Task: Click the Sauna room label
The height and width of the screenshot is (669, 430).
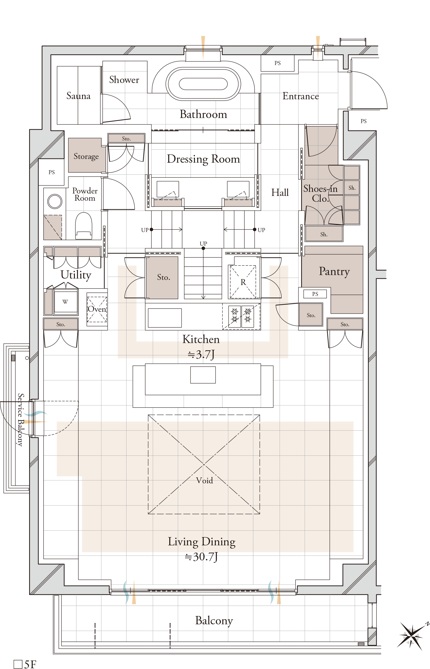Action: [78, 96]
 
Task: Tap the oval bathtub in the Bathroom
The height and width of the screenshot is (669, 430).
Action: [203, 83]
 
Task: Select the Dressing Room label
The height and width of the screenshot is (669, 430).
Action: [203, 159]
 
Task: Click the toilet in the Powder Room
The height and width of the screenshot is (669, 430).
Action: [83, 225]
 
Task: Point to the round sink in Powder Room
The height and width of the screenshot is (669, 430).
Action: [55, 201]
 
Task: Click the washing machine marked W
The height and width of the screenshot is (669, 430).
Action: [65, 302]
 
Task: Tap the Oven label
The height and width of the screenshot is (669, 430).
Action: [97, 309]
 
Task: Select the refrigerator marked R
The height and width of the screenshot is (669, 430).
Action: [243, 282]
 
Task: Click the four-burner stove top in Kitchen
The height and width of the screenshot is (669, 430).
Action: [241, 316]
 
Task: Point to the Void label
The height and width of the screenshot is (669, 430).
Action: [204, 480]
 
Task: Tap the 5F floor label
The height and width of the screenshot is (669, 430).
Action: [25, 664]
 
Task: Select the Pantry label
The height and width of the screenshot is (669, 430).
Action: [334, 272]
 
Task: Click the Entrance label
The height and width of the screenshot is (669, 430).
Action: [301, 96]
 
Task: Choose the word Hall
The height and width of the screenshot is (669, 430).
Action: [280, 192]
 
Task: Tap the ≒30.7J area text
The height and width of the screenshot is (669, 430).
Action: [201, 557]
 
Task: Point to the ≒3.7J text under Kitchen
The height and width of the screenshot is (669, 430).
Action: [201, 355]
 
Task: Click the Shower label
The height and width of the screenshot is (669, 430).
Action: [124, 80]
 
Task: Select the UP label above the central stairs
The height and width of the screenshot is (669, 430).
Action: [203, 244]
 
